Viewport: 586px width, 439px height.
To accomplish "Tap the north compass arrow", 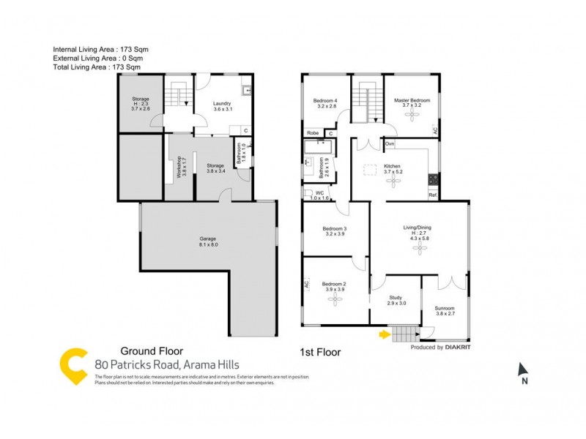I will click(522, 369).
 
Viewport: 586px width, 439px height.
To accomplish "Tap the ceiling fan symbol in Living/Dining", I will click(420, 249).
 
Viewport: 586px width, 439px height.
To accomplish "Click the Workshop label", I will click(176, 168).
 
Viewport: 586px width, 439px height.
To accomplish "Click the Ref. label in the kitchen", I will click(433, 195).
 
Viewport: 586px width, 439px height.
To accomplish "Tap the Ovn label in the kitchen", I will click(390, 143).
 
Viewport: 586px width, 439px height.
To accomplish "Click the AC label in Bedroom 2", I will click(307, 286).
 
